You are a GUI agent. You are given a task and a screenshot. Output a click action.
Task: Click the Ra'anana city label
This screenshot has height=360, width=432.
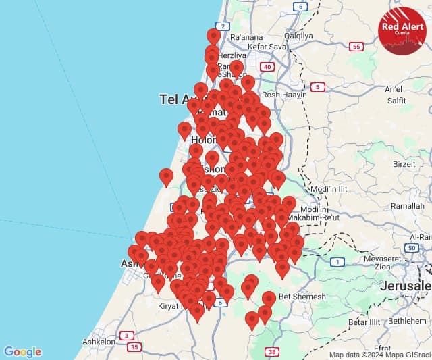245,36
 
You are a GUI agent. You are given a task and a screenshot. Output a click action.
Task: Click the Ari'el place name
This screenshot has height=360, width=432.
393,89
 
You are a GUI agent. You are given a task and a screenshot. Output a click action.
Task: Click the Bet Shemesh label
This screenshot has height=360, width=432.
302,297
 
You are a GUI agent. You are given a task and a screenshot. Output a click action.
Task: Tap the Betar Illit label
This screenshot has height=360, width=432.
364,322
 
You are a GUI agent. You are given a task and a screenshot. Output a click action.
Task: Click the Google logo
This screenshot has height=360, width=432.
22,352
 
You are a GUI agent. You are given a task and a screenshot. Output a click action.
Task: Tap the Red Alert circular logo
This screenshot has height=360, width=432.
402,30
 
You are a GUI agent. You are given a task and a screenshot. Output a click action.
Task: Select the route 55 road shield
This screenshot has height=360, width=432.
356,47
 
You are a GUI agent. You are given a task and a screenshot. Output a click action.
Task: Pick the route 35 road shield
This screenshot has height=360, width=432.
134,347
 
